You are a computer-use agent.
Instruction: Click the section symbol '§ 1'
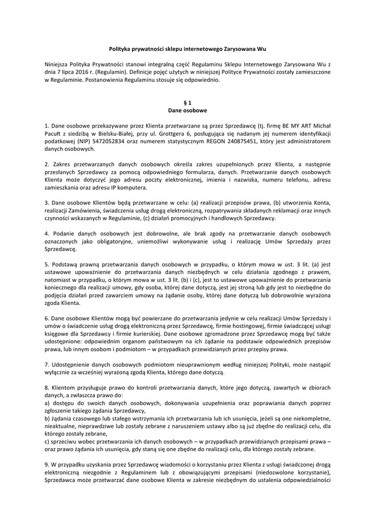[188, 103]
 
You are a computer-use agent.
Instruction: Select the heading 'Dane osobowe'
[188, 110]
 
